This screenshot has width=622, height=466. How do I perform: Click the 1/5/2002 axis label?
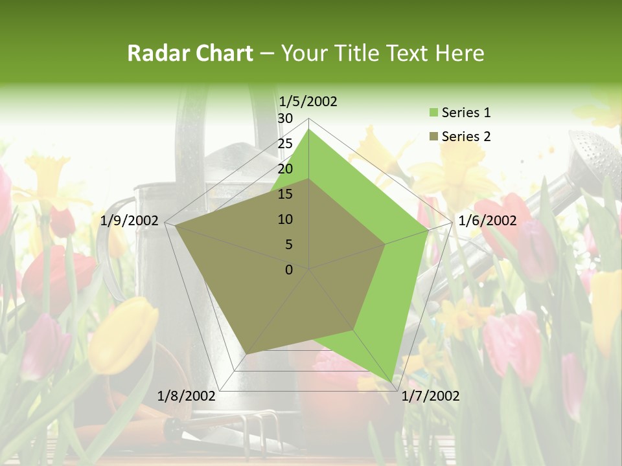(308, 102)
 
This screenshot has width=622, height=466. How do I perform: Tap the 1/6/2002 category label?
(487, 221)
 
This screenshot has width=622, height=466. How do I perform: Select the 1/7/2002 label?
(430, 395)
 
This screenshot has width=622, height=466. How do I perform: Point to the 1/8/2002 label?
(187, 395)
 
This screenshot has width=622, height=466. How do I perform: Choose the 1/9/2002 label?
(130, 221)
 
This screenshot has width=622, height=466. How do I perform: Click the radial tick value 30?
(285, 118)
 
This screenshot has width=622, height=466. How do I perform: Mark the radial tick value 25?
(285, 144)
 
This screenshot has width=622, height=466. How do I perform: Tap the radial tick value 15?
(285, 194)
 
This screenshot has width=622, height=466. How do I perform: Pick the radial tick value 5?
(288, 245)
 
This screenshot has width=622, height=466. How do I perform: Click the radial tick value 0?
(289, 270)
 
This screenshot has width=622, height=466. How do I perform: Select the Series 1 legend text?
(466, 113)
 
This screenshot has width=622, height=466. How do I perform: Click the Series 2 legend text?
(466, 137)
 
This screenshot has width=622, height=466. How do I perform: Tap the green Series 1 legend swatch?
(433, 113)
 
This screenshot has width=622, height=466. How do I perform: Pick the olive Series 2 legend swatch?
(433, 137)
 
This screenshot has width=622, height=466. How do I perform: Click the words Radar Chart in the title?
(190, 53)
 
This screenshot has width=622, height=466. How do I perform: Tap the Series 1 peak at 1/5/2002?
(309, 129)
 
